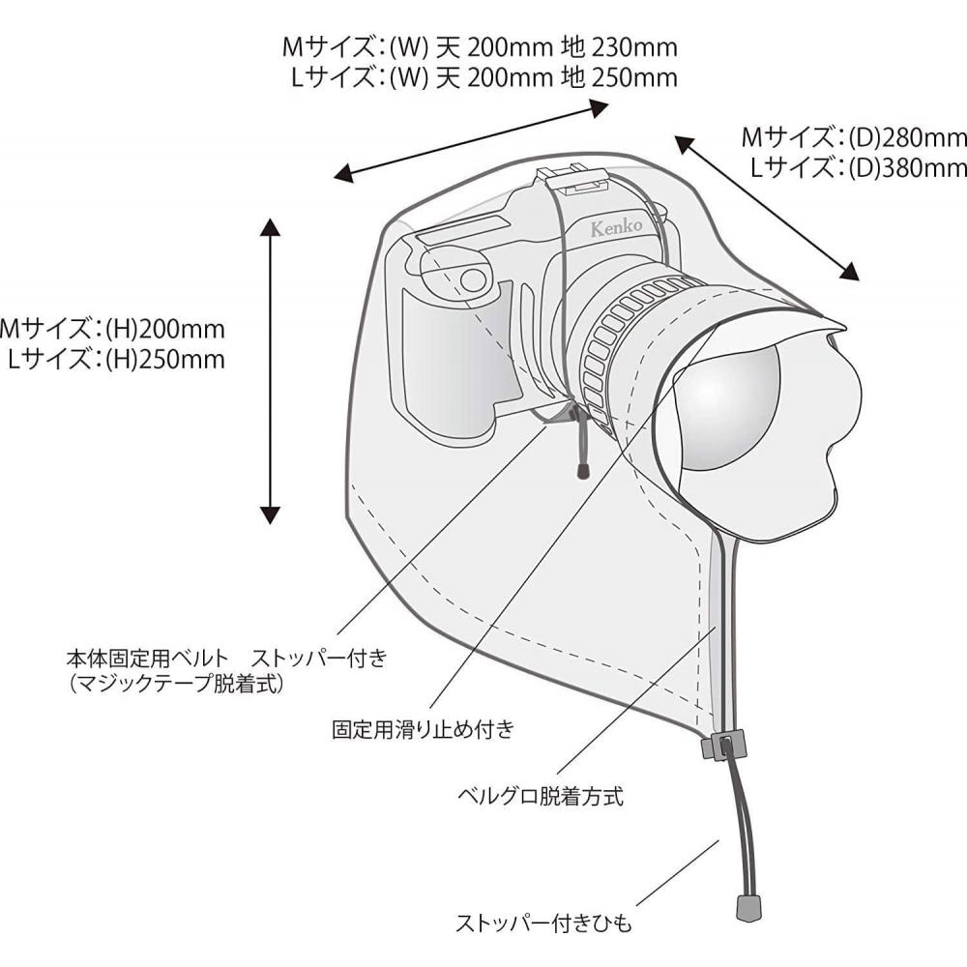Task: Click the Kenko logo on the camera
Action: pyautogui.click(x=616, y=227)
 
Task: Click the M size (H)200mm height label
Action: pyautogui.click(x=165, y=330)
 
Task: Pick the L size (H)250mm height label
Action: pyautogui.click(x=165, y=360)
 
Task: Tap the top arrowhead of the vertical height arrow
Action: pyautogui.click(x=270, y=227)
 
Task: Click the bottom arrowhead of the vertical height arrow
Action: pyautogui.click(x=270, y=514)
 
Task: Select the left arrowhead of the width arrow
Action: pyautogui.click(x=343, y=173)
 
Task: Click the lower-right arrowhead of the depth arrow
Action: pyautogui.click(x=849, y=272)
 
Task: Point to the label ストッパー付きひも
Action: pyautogui.click(x=543, y=923)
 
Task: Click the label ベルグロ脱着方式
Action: pyautogui.click(x=541, y=796)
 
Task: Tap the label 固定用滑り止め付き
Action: pyautogui.click(x=424, y=729)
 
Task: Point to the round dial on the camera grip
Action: pyautogui.click(x=473, y=279)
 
